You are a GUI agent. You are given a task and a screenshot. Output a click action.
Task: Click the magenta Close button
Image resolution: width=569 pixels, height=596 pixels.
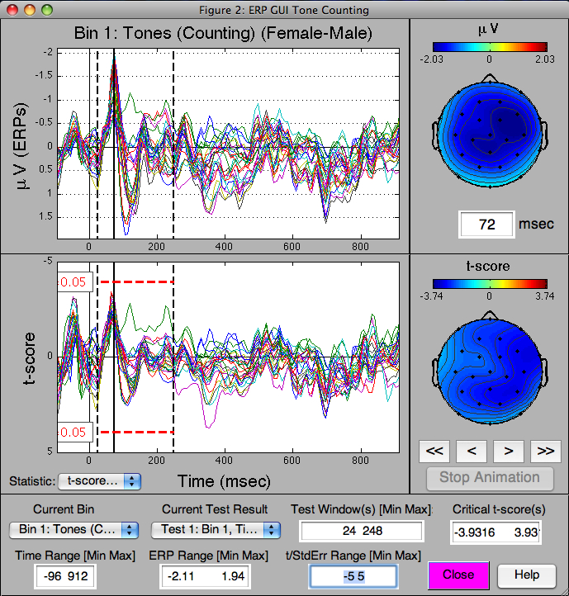pyautogui.click(x=458, y=575)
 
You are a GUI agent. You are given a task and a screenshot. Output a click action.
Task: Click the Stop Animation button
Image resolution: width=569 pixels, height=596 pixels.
pyautogui.click(x=490, y=477)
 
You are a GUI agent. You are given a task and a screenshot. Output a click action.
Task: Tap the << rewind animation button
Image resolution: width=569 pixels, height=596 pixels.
pyautogui.click(x=434, y=451)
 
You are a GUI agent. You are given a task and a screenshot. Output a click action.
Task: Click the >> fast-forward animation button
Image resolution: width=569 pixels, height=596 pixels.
pyautogui.click(x=544, y=451)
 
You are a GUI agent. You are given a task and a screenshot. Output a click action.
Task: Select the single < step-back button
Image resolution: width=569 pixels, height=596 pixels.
pyautogui.click(x=471, y=451)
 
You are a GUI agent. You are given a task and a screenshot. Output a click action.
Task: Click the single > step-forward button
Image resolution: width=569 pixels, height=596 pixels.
pyautogui.click(x=508, y=451)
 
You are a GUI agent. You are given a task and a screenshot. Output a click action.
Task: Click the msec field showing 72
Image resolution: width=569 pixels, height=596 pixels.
pyautogui.click(x=486, y=224)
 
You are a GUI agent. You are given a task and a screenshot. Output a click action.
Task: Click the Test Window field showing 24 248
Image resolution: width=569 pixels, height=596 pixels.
pyautogui.click(x=361, y=532)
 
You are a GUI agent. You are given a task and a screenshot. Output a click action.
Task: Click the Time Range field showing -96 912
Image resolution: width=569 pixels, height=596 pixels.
pyautogui.click(x=65, y=575)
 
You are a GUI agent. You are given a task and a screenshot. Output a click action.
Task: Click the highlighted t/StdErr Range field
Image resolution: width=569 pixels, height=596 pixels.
pyautogui.click(x=353, y=575)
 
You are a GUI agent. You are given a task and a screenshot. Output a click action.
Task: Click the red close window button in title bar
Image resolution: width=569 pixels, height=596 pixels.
pyautogui.click(x=12, y=10)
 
